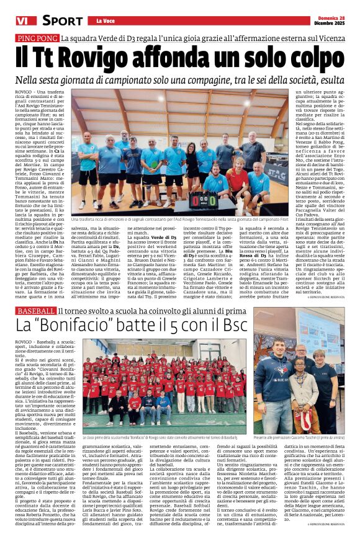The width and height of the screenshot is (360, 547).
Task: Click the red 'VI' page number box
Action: point(22,20)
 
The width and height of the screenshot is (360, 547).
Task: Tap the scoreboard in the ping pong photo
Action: point(204,202)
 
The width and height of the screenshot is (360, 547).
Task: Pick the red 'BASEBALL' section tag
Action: point(36,309)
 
